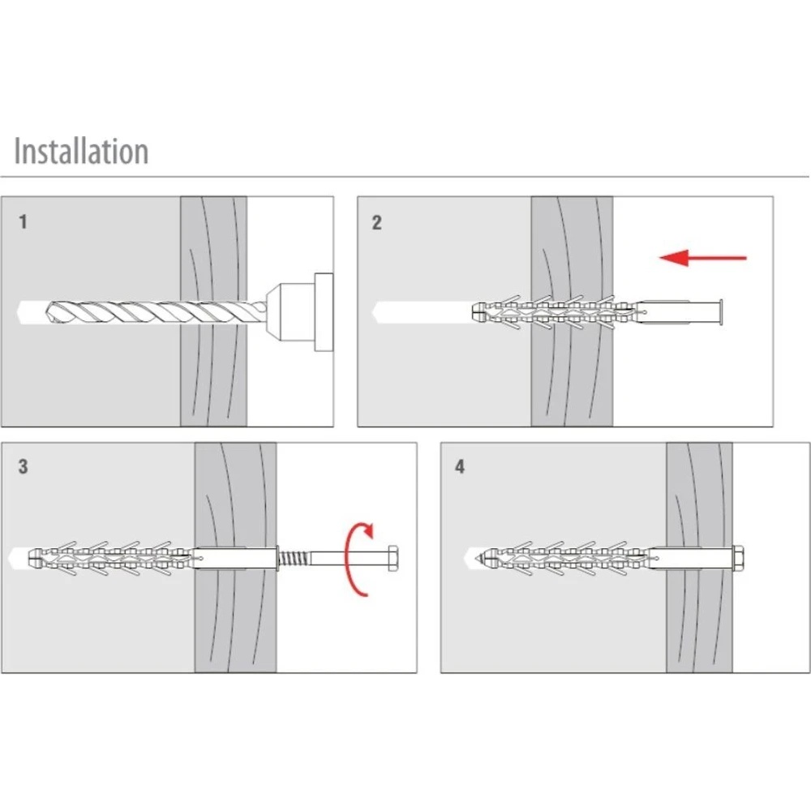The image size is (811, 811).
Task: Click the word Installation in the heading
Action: click(81, 152)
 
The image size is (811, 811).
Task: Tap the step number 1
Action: click(23, 221)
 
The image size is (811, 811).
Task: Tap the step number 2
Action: click(376, 222)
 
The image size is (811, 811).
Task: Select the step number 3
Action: click(23, 466)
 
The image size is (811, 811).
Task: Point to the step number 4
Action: click(461, 468)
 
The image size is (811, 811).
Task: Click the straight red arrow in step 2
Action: click(702, 258)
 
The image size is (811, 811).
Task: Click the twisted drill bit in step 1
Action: click(154, 311)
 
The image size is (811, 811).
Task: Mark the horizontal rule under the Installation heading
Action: click(405, 176)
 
